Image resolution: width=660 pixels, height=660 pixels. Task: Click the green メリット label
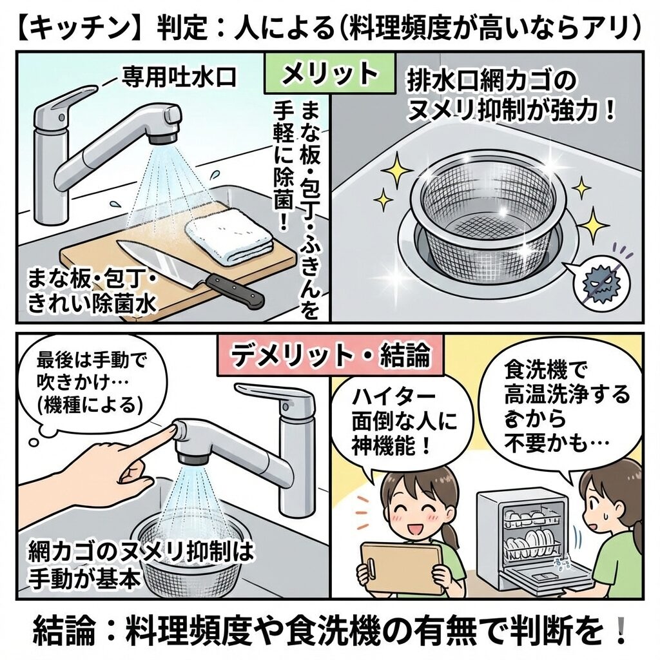329,73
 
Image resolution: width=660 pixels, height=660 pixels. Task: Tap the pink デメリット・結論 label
330,356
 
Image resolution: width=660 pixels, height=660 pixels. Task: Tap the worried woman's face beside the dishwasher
597,503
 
